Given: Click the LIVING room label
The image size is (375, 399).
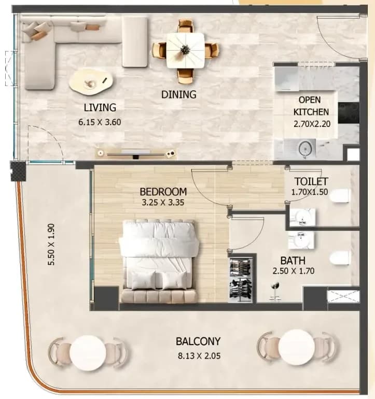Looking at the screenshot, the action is pyautogui.click(x=100, y=107).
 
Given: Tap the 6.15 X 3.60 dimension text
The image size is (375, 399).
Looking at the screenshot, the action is pyautogui.click(x=100, y=122).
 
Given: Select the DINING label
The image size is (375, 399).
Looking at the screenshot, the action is pyautogui.click(x=178, y=94).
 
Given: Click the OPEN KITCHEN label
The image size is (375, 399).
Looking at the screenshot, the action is pyautogui.click(x=311, y=106).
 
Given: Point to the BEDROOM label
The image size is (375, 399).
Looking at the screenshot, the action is pyautogui.click(x=163, y=192).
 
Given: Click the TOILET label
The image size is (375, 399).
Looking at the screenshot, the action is pyautogui.click(x=311, y=181).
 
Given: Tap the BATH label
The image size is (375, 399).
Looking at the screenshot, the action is pyautogui.click(x=293, y=261).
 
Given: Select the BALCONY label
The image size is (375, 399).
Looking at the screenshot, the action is pyautogui.click(x=198, y=341).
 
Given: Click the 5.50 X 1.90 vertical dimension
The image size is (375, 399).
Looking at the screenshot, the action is pyautogui.click(x=51, y=244).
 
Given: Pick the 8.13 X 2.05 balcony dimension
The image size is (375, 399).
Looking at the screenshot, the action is pyautogui.click(x=199, y=356).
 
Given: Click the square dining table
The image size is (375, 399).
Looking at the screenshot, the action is pyautogui.click(x=186, y=50).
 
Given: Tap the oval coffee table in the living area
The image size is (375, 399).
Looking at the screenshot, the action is pyautogui.click(x=90, y=82).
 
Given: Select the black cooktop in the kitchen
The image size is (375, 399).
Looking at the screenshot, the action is pyautogui.click(x=349, y=113).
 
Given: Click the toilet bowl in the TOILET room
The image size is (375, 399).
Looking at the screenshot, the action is pyautogui.click(x=341, y=196).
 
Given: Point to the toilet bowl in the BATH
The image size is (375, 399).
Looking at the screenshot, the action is pyautogui.click(x=339, y=258).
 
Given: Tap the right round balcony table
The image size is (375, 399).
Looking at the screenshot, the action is pyautogui.click(x=297, y=347).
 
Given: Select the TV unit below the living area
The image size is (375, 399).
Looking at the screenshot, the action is pyautogui.click(x=136, y=154).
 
